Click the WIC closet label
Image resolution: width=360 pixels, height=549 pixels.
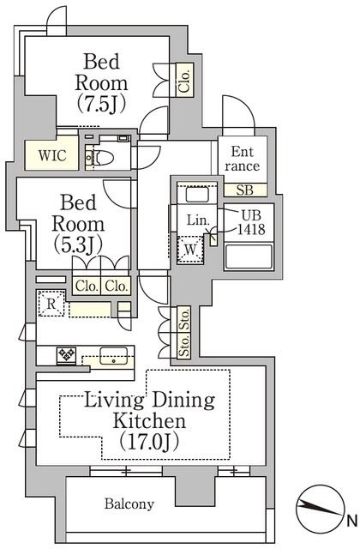coord(52,155)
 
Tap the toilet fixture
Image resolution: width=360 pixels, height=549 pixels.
coord(100,158)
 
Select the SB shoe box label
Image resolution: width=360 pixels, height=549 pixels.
coord(244,190)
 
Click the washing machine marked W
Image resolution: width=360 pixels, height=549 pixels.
coord(190,250)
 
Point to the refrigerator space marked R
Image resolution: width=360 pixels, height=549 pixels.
coord(51,303)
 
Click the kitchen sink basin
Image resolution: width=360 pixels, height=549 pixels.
coord(113,355)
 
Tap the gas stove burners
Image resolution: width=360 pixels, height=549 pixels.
coord(67,355)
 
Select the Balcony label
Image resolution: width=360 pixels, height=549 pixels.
coord(129,504)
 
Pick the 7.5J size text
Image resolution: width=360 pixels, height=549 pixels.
coord(101,104)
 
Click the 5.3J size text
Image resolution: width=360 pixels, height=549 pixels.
coord(78,244)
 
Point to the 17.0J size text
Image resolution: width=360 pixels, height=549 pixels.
coord(149,442)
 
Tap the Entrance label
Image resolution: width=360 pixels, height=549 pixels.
coord(242,159)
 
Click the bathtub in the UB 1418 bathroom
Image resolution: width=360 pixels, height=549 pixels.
coord(249,256)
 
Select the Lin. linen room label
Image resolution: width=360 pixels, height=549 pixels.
coord(198,220)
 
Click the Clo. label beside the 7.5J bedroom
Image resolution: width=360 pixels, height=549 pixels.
coord(184,81)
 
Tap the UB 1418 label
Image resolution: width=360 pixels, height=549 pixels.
coord(251,222)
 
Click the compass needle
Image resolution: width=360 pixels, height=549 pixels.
coord(319,509)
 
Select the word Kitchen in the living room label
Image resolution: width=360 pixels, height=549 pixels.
coord(149,421)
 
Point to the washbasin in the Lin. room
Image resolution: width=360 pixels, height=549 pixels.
coord(197,195)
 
